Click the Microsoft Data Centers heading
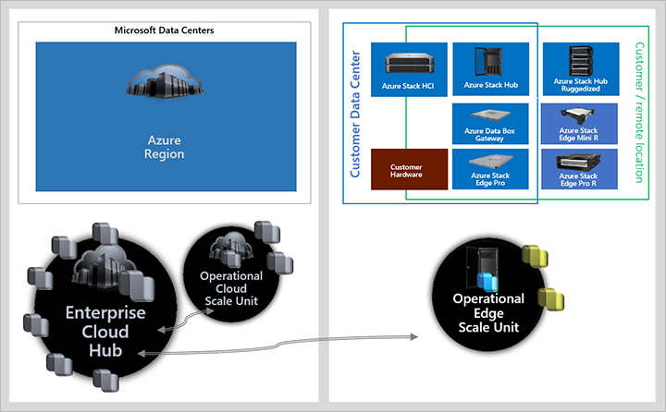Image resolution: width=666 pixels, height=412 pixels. [x=164, y=30]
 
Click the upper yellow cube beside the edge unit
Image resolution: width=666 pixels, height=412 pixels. [x=532, y=256]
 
